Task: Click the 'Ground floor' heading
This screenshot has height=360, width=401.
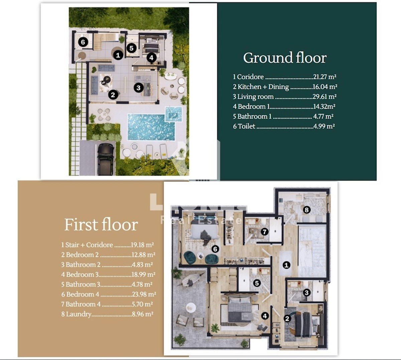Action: click(x=285, y=58)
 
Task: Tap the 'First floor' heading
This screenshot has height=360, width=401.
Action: click(x=101, y=225)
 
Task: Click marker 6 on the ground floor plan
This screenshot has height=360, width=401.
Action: click(x=83, y=42)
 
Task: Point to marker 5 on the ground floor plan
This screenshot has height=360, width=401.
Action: click(x=131, y=48)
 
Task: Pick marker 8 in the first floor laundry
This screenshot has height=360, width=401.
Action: click(x=306, y=210)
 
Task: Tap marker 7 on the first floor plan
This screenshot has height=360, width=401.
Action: click(x=264, y=232)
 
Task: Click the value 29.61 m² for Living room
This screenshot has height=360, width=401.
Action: click(x=324, y=97)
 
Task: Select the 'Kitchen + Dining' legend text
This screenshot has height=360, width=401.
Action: click(x=263, y=87)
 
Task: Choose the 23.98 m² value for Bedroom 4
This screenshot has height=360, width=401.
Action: click(x=144, y=294)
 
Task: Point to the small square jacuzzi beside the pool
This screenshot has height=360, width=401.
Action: click(x=173, y=114)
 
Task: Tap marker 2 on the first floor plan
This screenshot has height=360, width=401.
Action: click(x=287, y=319)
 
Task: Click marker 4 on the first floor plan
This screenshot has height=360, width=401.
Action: click(x=265, y=316)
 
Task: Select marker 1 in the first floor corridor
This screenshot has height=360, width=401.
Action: click(x=286, y=265)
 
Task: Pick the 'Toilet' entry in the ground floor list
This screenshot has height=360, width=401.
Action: click(x=246, y=126)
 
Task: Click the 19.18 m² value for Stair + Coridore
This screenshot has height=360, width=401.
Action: click(x=142, y=245)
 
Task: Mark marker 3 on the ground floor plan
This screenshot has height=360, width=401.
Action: click(x=139, y=88)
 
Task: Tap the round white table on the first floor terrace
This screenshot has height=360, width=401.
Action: click(x=190, y=308)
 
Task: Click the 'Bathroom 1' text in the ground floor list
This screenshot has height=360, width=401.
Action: click(x=254, y=116)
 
